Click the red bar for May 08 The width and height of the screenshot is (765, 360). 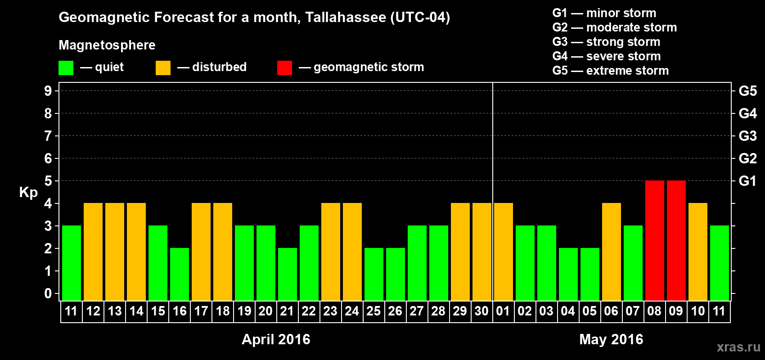point(654,240)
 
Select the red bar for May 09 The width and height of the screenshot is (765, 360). point(676,240)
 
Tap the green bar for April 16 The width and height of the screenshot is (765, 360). point(180,274)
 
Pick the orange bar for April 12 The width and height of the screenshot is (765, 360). point(93,252)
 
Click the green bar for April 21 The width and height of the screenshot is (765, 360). point(288,274)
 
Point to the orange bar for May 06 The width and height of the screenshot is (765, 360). point(611,252)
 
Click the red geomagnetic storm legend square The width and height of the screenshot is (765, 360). point(284,68)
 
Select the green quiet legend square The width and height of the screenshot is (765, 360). point(66,68)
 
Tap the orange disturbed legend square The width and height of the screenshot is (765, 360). point(163,68)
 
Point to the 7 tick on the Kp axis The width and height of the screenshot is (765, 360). point(48,136)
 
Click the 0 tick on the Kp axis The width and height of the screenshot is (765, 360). point(48,294)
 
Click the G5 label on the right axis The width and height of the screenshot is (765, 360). point(747,91)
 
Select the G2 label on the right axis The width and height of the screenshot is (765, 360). point(747,158)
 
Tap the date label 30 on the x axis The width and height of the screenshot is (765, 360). point(481,311)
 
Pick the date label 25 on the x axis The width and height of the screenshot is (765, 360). point(373,311)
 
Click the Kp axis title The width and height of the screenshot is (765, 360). point(28,193)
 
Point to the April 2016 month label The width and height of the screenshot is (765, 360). point(276,339)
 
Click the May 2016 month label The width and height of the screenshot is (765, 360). point(611,339)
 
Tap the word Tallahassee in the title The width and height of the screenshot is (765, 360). point(345,18)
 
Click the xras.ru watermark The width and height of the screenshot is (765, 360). point(738,347)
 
